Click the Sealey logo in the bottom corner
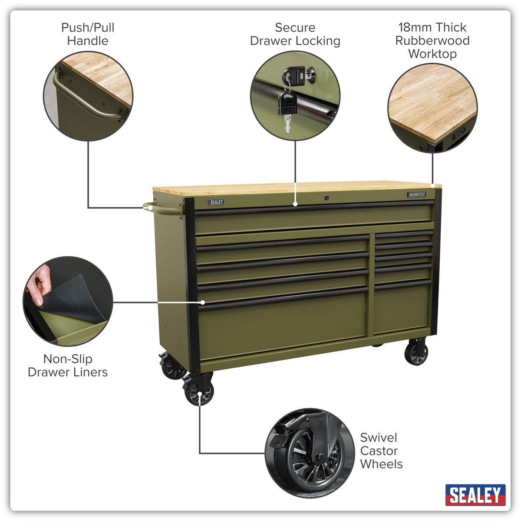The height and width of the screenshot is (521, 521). (x=475, y=495)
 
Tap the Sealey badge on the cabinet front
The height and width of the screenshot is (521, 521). (x=217, y=202)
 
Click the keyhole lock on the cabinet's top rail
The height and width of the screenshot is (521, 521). (x=326, y=198)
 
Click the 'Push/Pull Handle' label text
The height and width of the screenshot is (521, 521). (x=88, y=34)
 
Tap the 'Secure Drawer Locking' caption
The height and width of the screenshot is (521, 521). (x=295, y=34)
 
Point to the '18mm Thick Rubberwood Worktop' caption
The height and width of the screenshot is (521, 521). (x=432, y=40)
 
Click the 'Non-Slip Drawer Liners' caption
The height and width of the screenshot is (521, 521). (x=68, y=365)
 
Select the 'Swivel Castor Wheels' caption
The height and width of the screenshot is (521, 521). (x=381, y=451)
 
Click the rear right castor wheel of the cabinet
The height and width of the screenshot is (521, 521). (x=416, y=353)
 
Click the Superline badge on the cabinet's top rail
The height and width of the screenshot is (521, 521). (x=417, y=195)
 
